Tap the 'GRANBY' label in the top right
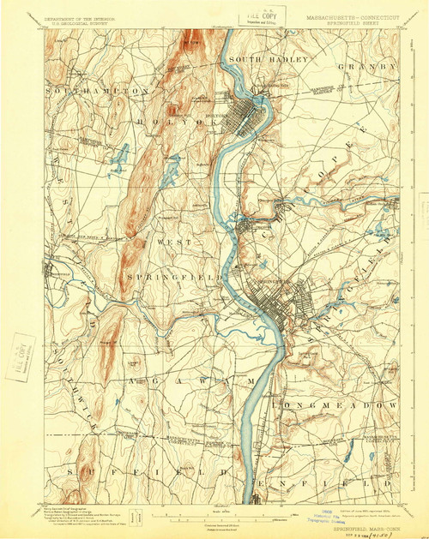[x=369, y=66]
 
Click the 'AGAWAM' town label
[x=193, y=378]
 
